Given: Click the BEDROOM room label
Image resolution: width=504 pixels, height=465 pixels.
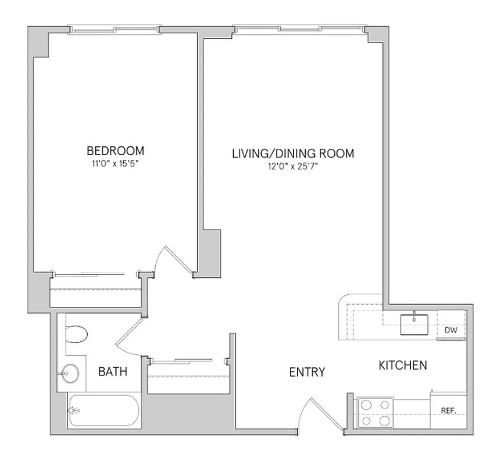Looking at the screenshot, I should (x=113, y=152).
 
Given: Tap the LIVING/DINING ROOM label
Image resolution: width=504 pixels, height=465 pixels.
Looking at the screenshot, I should (x=293, y=154).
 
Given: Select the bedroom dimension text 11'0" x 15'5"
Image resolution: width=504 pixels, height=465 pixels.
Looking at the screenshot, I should (x=113, y=164).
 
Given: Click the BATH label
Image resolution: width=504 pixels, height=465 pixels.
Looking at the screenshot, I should (x=112, y=372).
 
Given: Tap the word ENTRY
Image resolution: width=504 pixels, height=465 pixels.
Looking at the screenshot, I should (x=306, y=372).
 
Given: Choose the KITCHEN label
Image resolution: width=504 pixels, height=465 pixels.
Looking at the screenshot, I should (x=403, y=366).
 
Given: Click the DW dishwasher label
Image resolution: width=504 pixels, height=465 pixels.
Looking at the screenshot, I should (x=451, y=330).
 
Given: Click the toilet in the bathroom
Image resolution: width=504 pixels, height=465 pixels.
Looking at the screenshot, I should (x=76, y=335).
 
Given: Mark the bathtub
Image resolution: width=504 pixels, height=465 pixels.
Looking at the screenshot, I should (x=102, y=412).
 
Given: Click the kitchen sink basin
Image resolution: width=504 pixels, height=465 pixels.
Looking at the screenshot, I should (x=414, y=324).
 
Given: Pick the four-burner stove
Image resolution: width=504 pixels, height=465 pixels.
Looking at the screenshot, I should (x=375, y=412).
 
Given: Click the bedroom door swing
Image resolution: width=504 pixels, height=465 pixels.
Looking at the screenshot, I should (x=174, y=260).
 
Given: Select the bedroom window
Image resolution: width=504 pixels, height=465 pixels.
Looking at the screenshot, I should (x=113, y=28).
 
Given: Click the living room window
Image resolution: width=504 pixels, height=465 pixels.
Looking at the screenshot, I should (x=300, y=28).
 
